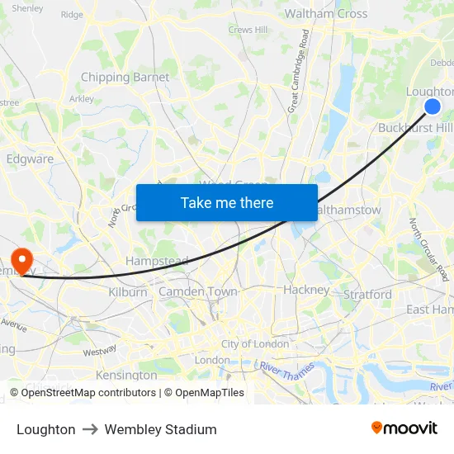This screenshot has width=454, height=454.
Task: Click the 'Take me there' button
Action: pyautogui.click(x=226, y=202)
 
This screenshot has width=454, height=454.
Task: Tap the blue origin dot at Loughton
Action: pyautogui.click(x=432, y=106)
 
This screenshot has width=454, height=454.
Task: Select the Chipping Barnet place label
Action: pyautogui.click(x=125, y=78)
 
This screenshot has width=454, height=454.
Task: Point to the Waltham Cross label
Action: pyautogui.click(x=326, y=14)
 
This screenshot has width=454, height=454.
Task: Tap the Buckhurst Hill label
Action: pyautogui.click(x=415, y=128)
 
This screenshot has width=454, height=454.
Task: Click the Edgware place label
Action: pyautogui.click(x=30, y=159)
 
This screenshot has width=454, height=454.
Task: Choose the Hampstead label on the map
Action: pyautogui.click(x=157, y=262)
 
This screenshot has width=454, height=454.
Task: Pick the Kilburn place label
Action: pyautogui.click(x=128, y=292)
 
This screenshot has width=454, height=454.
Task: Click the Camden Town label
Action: pyautogui.click(x=198, y=292)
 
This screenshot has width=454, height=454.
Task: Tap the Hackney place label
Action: pyautogui.click(x=306, y=290)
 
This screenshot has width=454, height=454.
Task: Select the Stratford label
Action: pyautogui.click(x=367, y=294)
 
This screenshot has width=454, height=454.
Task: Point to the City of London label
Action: pyautogui.click(x=255, y=344)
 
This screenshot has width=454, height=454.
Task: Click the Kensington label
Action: pyautogui.click(x=126, y=375)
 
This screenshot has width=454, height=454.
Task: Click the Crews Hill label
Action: pyautogui.click(x=248, y=30)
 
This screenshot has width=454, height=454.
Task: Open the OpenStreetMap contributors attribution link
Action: pyautogui.click(x=88, y=393)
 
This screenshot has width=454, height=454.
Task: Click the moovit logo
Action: pyautogui.click(x=404, y=428)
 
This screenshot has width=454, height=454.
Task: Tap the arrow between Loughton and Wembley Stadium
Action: pyautogui.click(x=90, y=429)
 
